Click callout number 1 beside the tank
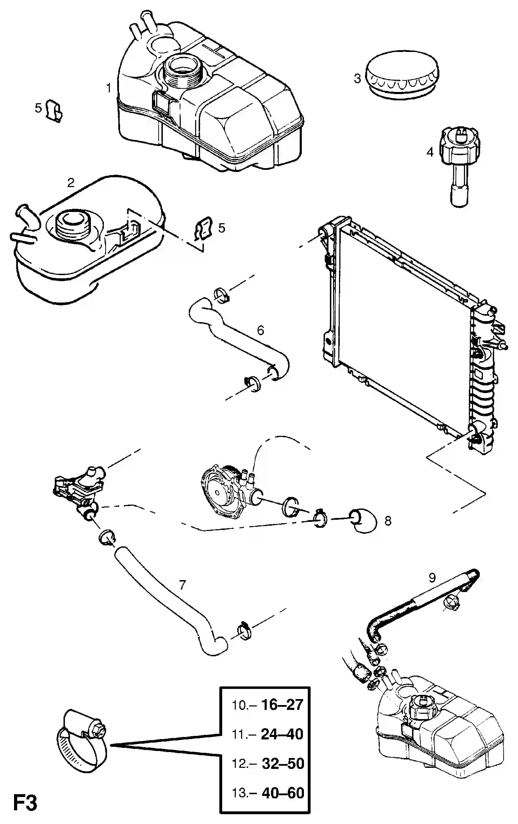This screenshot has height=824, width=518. pos(109,88)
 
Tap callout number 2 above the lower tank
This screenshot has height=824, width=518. pos(71,182)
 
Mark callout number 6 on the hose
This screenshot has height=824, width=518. pos(260,330)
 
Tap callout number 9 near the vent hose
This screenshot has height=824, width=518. pos(432,577)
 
